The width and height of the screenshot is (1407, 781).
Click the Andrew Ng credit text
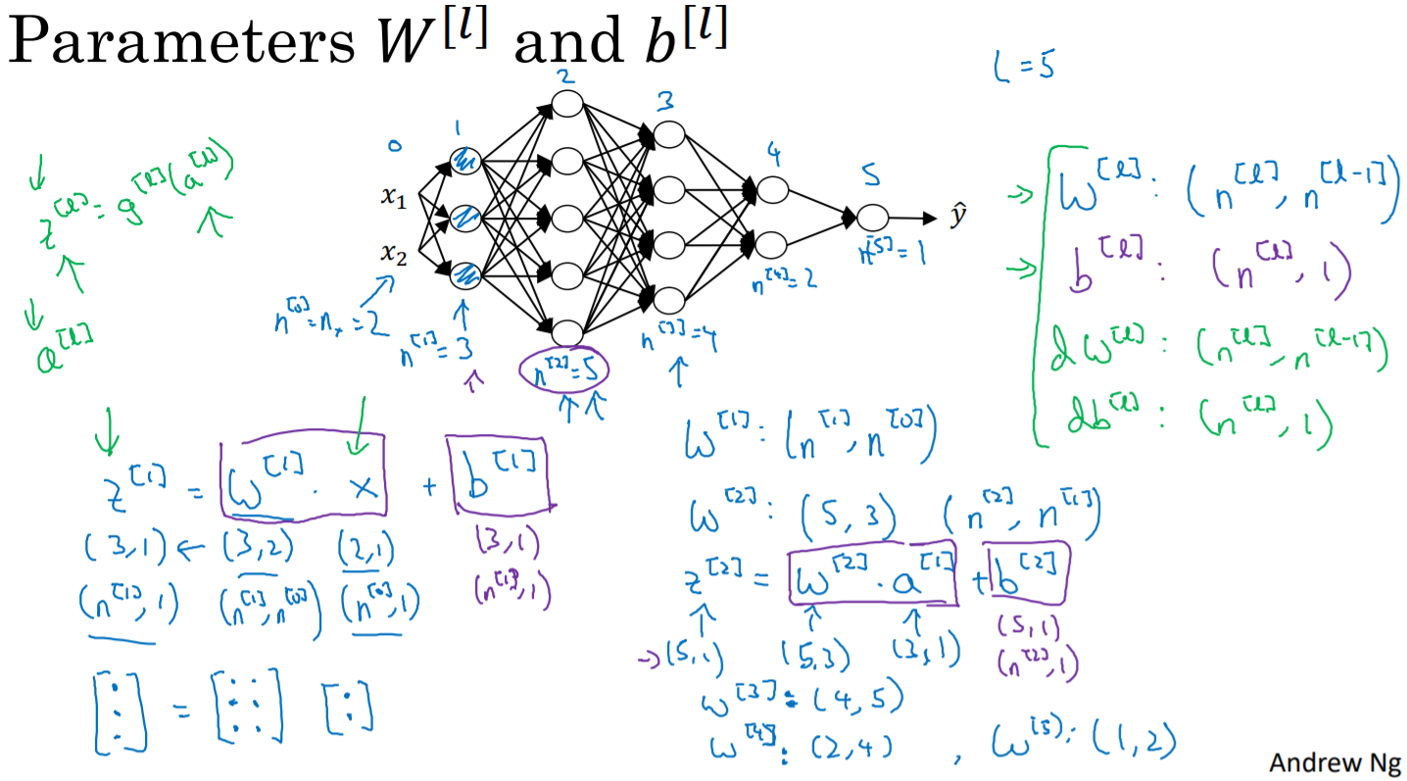tap(1334, 761)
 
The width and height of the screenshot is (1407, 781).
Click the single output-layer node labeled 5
tap(872, 218)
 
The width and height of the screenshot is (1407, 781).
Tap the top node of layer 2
tap(567, 103)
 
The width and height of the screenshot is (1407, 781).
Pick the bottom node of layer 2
tap(567, 333)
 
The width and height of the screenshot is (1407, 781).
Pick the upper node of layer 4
tap(773, 189)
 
